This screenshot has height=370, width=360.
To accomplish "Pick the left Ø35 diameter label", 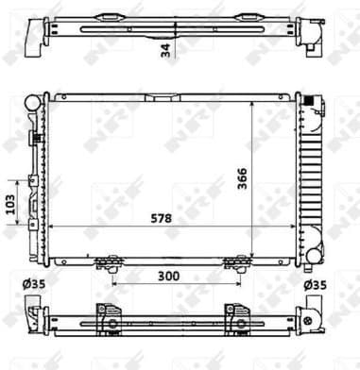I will coord(36,283).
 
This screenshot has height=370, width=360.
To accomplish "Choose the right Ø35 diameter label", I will coord(315,283).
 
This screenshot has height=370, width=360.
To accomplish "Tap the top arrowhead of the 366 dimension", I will coord(252,99).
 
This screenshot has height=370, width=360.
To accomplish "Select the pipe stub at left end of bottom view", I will coord(35,314).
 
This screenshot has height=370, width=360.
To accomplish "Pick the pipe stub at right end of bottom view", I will coord(311,316).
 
